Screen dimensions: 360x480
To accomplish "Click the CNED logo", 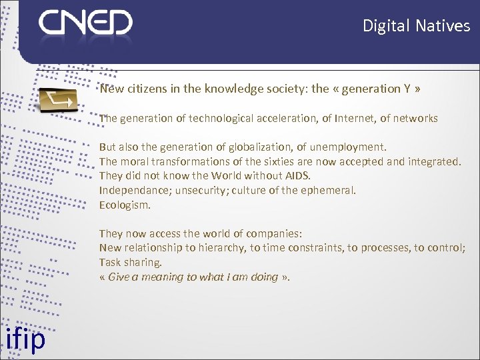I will pos(85,24).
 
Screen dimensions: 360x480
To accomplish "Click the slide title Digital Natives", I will pos(416,26).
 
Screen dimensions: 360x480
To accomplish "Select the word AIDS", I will pos(296,175).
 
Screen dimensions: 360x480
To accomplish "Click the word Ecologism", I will pos(125,205).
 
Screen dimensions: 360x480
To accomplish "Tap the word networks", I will pos(413,118).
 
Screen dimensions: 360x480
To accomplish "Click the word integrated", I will pos(433,161).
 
